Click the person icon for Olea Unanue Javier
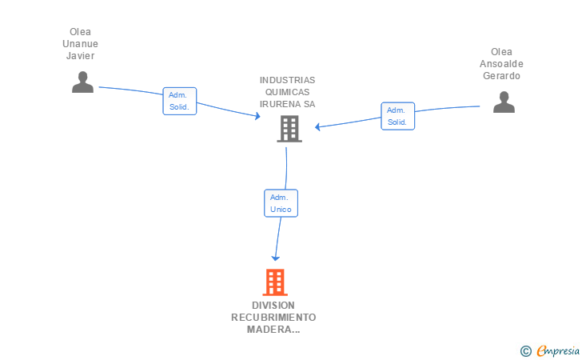click(x=82, y=82)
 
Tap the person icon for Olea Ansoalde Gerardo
click(x=504, y=102)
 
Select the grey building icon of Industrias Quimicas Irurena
click(x=289, y=129)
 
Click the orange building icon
click(x=275, y=282)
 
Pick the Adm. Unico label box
click(x=281, y=203)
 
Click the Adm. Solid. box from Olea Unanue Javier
click(x=180, y=101)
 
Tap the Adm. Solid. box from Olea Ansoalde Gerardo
click(x=397, y=116)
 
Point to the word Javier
click(x=80, y=56)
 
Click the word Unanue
click(x=80, y=44)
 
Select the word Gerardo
click(x=501, y=76)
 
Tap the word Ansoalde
click(x=501, y=64)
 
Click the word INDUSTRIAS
click(x=287, y=80)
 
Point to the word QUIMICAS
click(x=287, y=92)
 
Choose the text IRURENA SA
click(x=287, y=104)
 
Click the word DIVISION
click(x=273, y=306)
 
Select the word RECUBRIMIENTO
click(x=273, y=318)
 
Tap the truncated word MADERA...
click(x=273, y=329)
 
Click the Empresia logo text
click(x=558, y=351)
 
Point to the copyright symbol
click(x=525, y=351)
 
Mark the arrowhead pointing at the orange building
click(x=275, y=258)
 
